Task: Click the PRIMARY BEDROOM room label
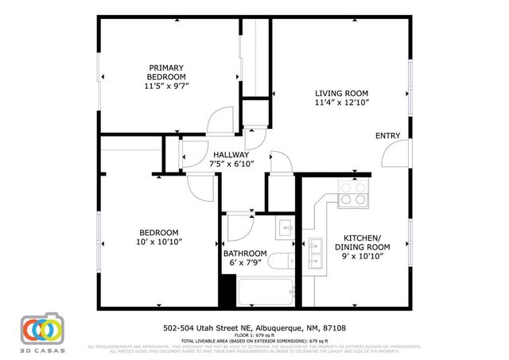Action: point(166,72)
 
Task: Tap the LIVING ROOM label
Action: point(341,92)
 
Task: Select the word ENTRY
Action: point(387,136)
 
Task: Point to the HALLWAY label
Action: point(231,155)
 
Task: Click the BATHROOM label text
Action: point(244,254)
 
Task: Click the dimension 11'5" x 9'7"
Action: point(166,85)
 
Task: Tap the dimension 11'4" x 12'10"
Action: point(341,102)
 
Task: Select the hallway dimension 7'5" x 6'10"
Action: point(231,165)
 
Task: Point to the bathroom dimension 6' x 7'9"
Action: point(244,263)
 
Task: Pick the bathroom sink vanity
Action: point(286,228)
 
